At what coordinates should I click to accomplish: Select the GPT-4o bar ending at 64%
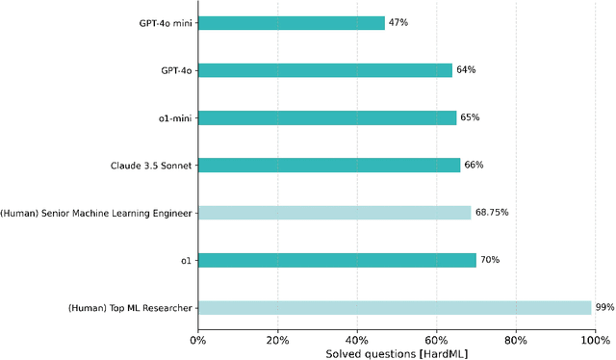pyautogui.click(x=324, y=69)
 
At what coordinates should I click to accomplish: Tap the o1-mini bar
pyautogui.click(x=326, y=117)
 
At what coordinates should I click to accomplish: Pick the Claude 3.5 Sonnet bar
pyautogui.click(x=328, y=165)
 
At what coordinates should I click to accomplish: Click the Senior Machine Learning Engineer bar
pyautogui.click(x=334, y=212)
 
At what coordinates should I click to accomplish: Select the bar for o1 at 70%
pyautogui.click(x=337, y=260)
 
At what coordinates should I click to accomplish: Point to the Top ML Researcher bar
pyautogui.click(x=394, y=307)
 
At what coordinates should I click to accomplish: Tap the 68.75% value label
pyautogui.click(x=491, y=212)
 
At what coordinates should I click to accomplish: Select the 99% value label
pyautogui.click(x=604, y=307)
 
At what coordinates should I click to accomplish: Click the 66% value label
pyautogui.click(x=474, y=165)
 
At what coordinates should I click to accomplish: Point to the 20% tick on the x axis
pyautogui.click(x=277, y=339)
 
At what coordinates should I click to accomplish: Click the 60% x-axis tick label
pyautogui.click(x=436, y=339)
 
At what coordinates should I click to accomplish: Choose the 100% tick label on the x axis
pyautogui.click(x=595, y=339)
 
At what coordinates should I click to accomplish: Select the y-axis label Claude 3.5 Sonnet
pyautogui.click(x=152, y=165)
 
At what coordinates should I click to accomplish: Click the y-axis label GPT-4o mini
pyautogui.click(x=165, y=22)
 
